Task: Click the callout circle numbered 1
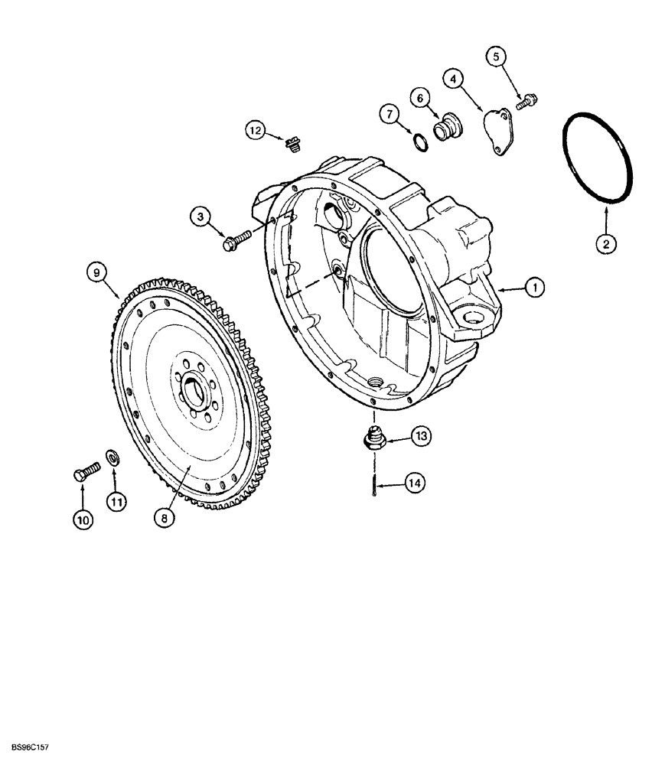(x=535, y=288)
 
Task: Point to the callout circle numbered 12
(x=255, y=132)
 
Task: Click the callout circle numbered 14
(x=413, y=483)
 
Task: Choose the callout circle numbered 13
(x=420, y=436)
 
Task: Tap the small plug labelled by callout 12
(x=291, y=143)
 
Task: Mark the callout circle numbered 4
(x=454, y=78)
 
